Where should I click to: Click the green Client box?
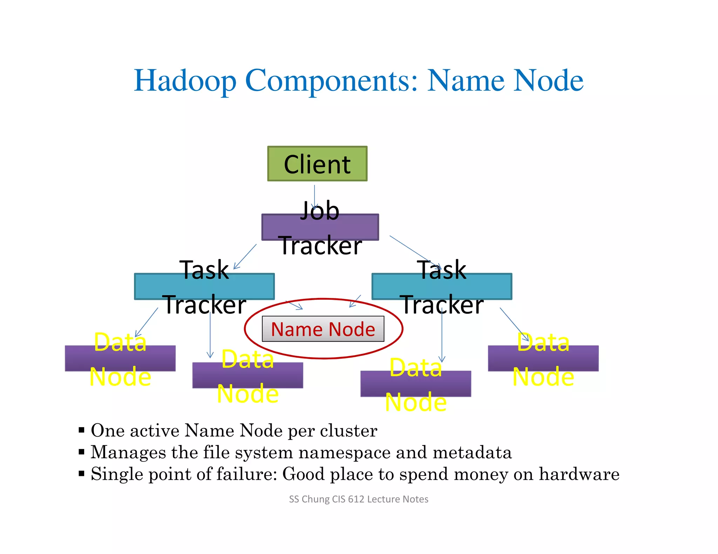coord(317,164)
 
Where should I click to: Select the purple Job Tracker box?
coord(320,227)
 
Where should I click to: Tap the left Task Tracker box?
coord(204,286)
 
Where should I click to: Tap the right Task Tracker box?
coord(442,286)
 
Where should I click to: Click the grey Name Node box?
coord(323,329)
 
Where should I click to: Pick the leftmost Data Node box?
coord(120,358)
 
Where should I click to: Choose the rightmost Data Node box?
coord(543,358)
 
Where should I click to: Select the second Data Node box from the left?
coord(248,375)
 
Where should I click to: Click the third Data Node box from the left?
coord(415,383)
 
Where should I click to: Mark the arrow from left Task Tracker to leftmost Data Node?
coord(147,322)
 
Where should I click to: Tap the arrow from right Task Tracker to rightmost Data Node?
coord(514,324)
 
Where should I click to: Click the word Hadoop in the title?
coord(185,81)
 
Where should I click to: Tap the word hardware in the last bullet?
coord(579,474)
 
